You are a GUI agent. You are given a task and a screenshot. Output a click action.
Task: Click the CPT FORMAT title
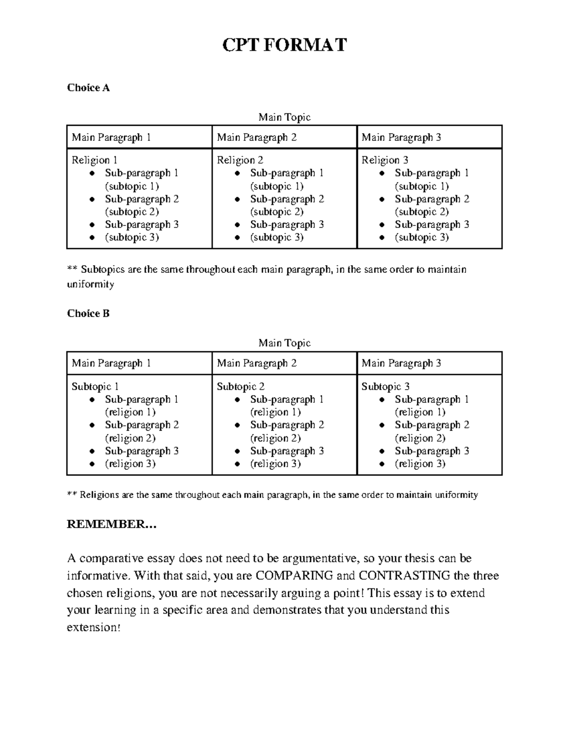coord(284,46)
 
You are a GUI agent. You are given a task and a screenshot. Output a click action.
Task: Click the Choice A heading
coord(88,88)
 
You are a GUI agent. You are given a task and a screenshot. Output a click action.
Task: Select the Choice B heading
coord(88,314)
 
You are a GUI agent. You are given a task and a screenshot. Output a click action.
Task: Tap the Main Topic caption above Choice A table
coord(284,117)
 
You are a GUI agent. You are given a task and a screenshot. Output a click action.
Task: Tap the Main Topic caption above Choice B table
coord(284,343)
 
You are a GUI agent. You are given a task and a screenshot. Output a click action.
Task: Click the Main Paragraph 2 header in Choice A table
coord(257,138)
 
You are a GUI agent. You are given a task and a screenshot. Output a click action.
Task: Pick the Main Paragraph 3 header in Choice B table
coord(401,364)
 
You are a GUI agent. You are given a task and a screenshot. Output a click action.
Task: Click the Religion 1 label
coord(94,160)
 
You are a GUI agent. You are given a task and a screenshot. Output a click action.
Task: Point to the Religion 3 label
coord(385,160)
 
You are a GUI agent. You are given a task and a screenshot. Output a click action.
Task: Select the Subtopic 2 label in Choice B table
coord(240,387)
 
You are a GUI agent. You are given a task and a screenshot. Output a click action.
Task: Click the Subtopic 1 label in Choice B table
coord(95,387)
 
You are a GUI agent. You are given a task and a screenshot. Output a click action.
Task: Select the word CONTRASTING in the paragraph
coord(404,576)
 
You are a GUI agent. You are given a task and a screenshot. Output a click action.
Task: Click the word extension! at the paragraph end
coord(94,627)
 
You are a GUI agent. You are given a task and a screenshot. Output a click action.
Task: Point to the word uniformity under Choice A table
coord(91,284)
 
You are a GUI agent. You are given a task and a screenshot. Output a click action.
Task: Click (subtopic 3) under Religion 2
coord(276,237)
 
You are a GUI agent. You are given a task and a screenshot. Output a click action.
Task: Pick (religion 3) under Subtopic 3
coord(420,464)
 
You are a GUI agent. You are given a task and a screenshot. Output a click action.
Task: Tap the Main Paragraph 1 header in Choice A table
coord(111,138)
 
